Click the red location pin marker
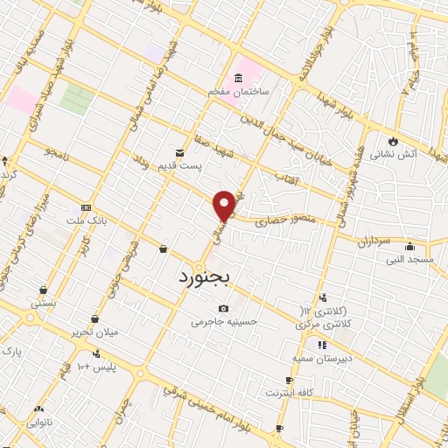[x=225, y=205]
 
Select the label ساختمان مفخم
[x=237, y=91]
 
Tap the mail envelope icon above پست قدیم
[x=179, y=151]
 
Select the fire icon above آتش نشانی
[x=393, y=140]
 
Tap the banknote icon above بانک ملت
[x=86, y=207]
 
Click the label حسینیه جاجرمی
[x=225, y=321]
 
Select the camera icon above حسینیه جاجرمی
[x=224, y=308]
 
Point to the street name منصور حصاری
[x=277, y=222]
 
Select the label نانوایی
[x=38, y=422]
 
